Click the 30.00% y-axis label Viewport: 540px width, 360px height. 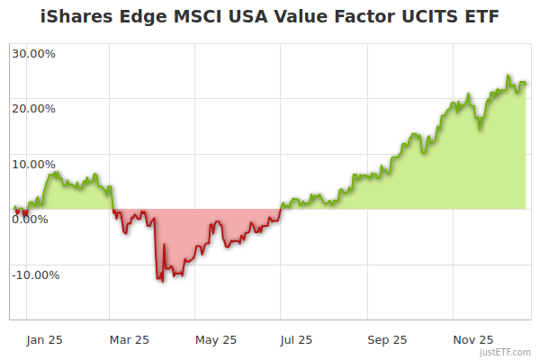(x=33, y=52)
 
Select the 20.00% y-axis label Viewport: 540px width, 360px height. (x=33, y=108)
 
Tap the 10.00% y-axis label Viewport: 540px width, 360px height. (x=33, y=164)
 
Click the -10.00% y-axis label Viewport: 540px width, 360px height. (x=35, y=274)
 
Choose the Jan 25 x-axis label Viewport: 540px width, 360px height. (x=43, y=339)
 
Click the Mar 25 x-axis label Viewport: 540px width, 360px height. (x=129, y=339)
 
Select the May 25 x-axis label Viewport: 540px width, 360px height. (x=215, y=339)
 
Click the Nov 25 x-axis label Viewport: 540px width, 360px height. (x=472, y=339)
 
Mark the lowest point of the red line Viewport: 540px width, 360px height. (x=162, y=282)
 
